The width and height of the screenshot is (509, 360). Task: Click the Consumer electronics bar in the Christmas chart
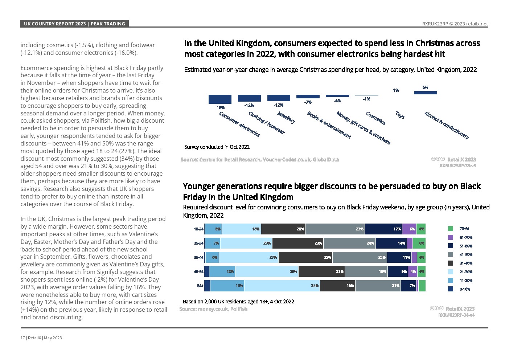[220, 99]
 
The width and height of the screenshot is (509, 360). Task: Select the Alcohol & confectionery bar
[425, 93]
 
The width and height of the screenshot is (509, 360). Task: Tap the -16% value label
[220, 107]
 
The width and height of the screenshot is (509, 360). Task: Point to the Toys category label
[400, 115]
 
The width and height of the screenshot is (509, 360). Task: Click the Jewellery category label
[286, 117]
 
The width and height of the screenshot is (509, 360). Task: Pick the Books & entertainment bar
[308, 97]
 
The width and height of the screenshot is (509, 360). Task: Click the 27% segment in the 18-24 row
[335, 229]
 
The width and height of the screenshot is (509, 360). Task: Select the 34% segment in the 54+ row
[282, 286]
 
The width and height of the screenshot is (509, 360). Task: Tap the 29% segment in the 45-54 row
[267, 271]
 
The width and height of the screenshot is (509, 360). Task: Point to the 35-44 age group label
[198, 257]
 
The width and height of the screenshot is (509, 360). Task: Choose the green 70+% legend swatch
[451, 229]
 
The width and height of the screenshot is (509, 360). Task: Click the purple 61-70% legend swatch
[451, 237]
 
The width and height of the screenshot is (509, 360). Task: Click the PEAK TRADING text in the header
[108, 24]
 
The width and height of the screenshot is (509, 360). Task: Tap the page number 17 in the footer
[22, 338]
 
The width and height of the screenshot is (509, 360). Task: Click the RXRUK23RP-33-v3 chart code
[457, 165]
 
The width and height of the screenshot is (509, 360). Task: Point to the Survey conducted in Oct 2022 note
[217, 147]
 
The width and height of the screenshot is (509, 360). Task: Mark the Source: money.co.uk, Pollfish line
[213, 309]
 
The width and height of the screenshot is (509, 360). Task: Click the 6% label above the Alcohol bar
[425, 87]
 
